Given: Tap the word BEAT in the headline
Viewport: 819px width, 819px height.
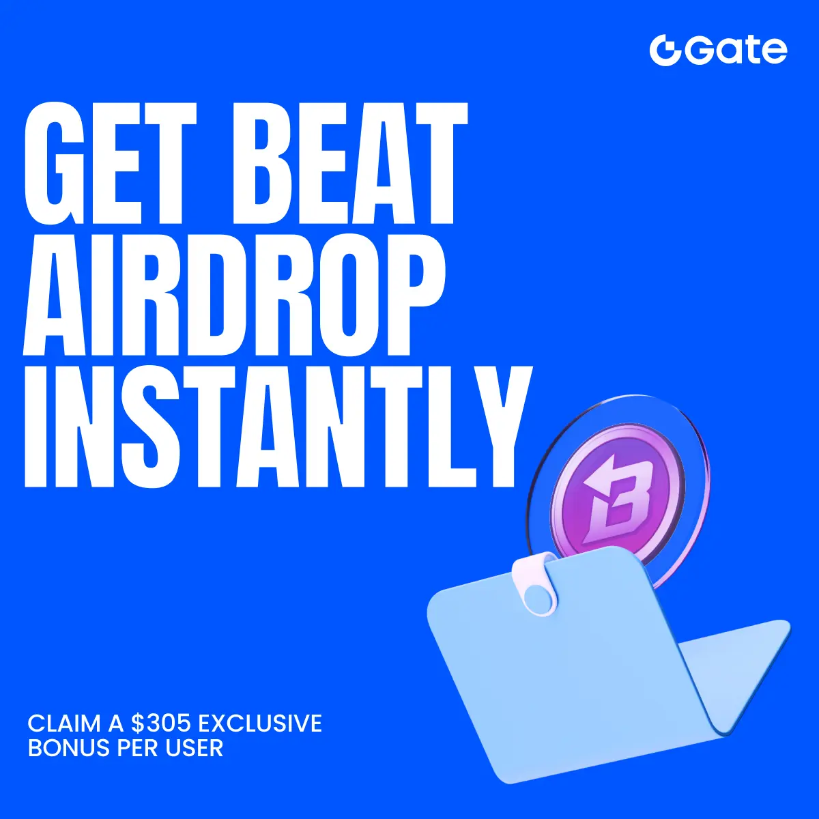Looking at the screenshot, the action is [x=349, y=163].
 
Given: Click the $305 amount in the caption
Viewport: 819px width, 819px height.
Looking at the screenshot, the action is [x=160, y=724].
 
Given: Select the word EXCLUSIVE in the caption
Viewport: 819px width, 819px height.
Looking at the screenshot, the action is [x=259, y=724].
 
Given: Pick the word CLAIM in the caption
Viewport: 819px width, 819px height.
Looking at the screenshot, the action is [x=65, y=724].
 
